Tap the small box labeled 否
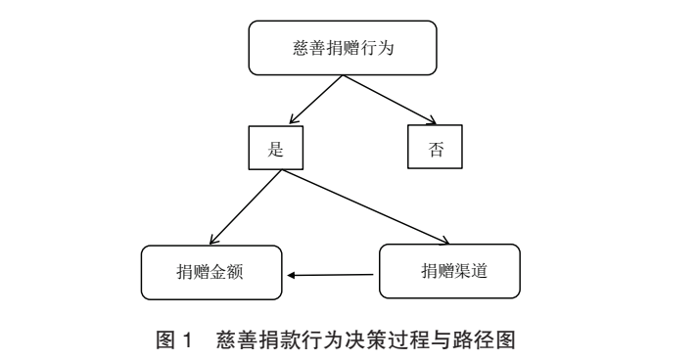pyautogui.click(x=434, y=151)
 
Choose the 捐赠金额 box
pyautogui.click(x=212, y=272)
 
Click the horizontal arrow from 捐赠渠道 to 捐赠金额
pyautogui.click(x=333, y=274)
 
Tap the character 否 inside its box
pyautogui.click(x=434, y=151)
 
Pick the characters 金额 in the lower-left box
pyautogui.click(x=231, y=272)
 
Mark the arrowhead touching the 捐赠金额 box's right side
pyautogui.click(x=292, y=274)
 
